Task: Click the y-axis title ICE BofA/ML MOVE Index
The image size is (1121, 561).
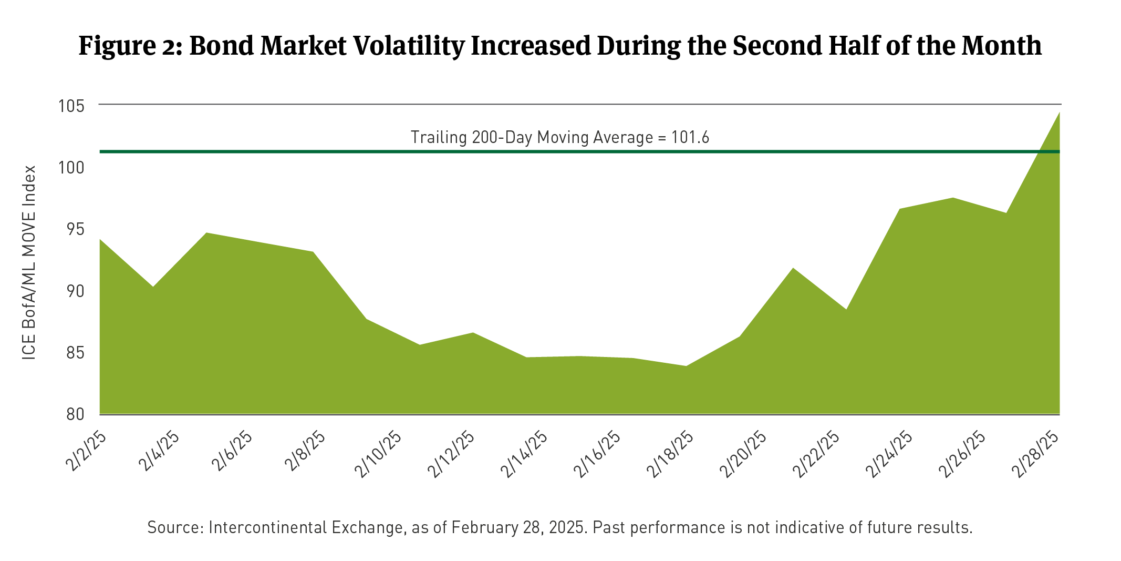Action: point(29,262)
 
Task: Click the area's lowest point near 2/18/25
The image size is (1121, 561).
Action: point(686,366)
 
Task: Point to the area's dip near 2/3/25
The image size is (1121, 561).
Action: point(153,287)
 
